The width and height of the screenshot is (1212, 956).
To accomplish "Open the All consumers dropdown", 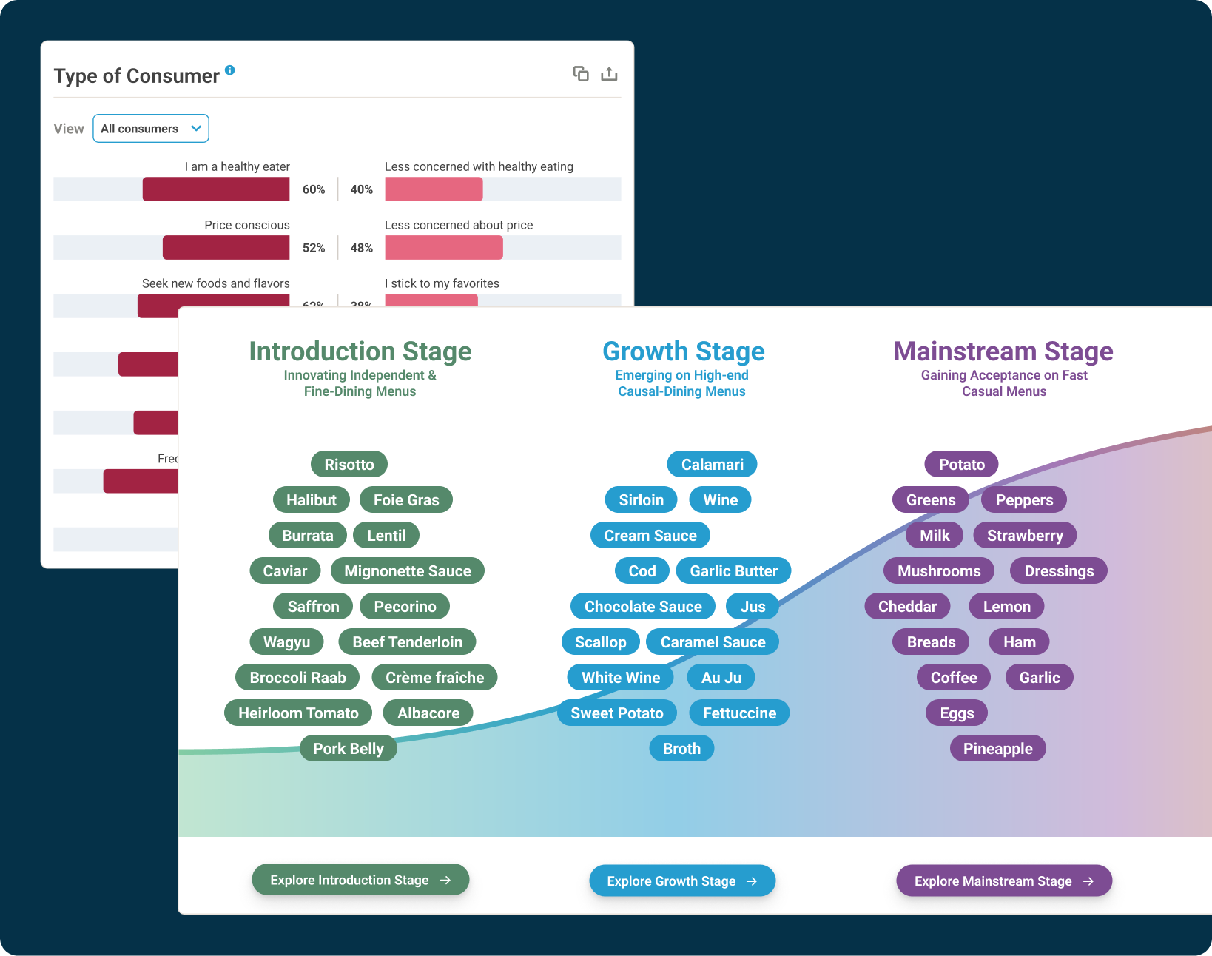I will (x=151, y=129).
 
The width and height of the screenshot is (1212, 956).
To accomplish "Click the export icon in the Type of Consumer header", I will (x=609, y=74).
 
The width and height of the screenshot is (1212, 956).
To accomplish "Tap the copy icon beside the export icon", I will (x=581, y=74).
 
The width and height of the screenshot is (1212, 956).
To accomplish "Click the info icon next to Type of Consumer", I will (x=230, y=70).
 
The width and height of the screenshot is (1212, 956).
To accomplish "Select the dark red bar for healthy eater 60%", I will (x=216, y=189).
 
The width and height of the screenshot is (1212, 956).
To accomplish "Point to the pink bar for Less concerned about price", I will (x=444, y=248).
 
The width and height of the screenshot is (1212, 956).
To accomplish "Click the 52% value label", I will (x=314, y=248).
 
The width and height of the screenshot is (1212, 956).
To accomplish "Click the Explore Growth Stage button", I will (x=682, y=881).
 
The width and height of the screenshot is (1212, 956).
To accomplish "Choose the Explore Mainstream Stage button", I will (x=1004, y=881).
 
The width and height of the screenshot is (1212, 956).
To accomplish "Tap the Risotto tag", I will (x=349, y=465).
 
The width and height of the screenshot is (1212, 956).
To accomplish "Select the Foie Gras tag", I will (x=406, y=500).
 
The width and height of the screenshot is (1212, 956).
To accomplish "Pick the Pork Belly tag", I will (x=349, y=749).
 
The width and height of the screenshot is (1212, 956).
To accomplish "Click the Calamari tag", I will (x=712, y=465).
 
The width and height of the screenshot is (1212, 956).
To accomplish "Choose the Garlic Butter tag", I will (x=733, y=571).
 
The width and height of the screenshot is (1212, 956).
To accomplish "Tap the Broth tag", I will (x=681, y=749).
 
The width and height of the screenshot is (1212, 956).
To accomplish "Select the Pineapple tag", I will (x=997, y=749).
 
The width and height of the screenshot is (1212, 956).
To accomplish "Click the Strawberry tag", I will (x=1025, y=536).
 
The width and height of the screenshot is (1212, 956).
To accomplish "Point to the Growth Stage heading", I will (x=684, y=351).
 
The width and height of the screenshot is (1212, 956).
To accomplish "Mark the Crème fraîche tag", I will (x=434, y=678).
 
